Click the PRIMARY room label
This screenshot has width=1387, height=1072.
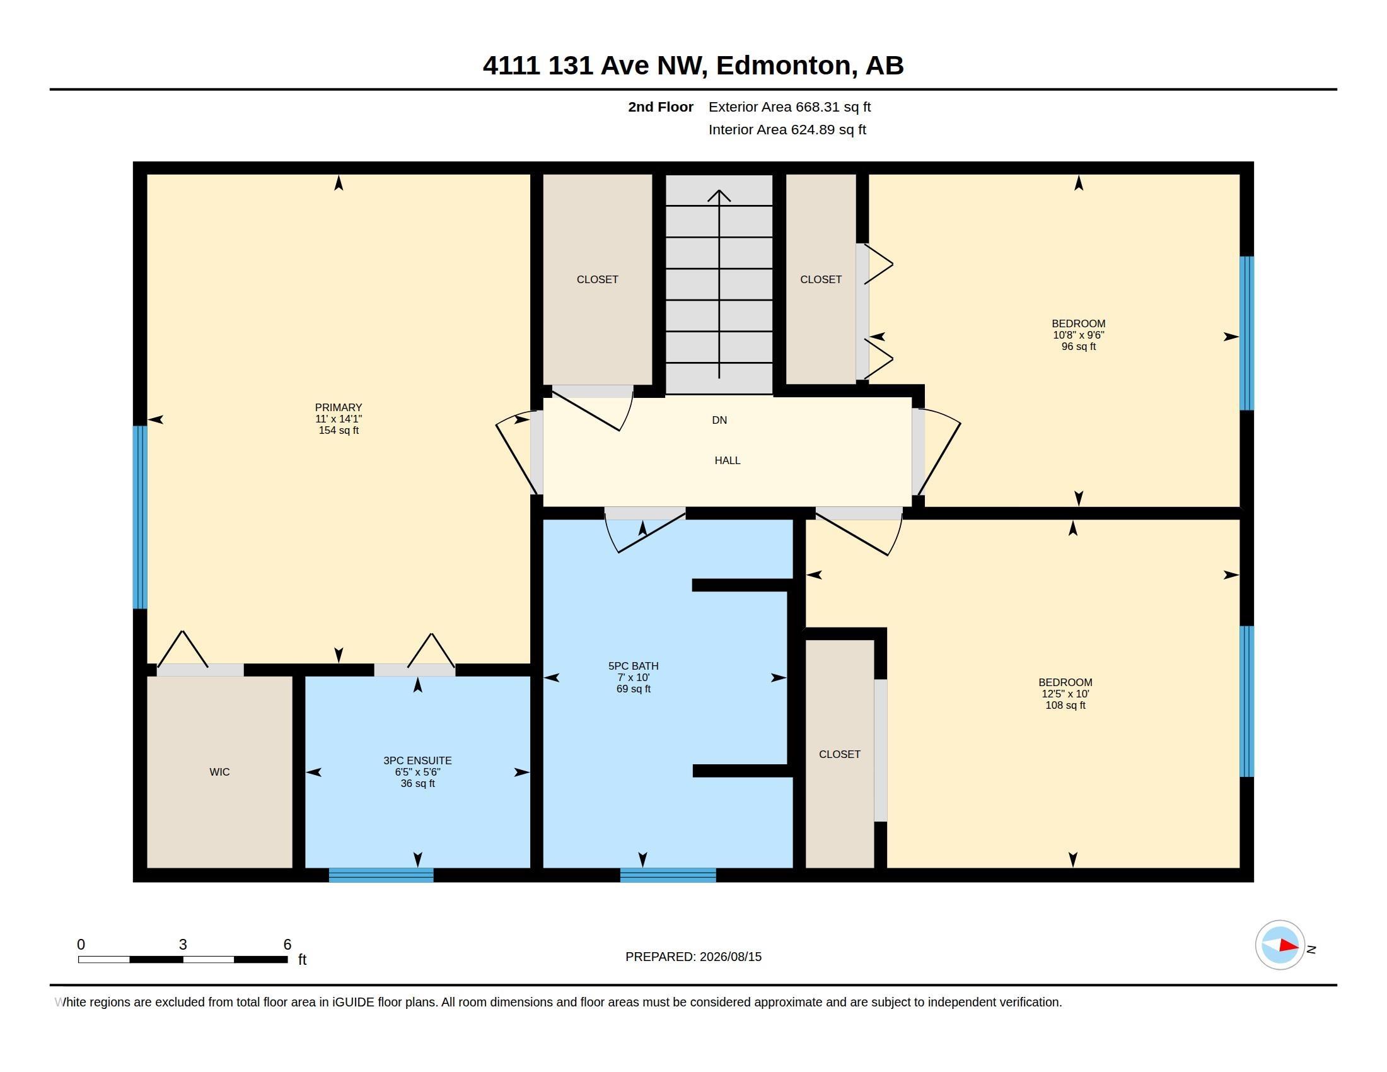point(339,408)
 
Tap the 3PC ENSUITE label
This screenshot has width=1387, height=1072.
point(417,761)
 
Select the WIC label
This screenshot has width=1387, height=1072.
point(220,772)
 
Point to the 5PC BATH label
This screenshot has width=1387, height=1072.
point(633,666)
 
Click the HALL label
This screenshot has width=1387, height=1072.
point(727,460)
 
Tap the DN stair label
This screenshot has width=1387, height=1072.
point(719,421)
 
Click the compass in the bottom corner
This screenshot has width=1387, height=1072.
point(1280,945)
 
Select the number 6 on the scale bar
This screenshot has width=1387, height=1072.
point(287,945)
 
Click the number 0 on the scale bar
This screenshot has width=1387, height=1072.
point(81,945)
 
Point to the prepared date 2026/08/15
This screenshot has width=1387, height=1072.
point(730,957)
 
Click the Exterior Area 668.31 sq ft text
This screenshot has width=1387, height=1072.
point(789,107)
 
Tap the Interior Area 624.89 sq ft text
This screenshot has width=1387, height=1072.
point(787,129)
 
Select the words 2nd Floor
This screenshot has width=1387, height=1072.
point(661,107)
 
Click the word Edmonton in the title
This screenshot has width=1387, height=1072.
point(784,66)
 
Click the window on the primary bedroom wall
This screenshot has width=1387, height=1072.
point(140,518)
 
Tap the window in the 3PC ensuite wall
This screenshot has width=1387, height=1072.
point(381,875)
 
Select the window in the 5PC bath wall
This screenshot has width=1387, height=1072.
point(668,875)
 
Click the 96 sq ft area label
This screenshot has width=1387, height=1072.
point(1078,347)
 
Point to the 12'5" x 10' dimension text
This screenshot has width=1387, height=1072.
point(1065,694)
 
